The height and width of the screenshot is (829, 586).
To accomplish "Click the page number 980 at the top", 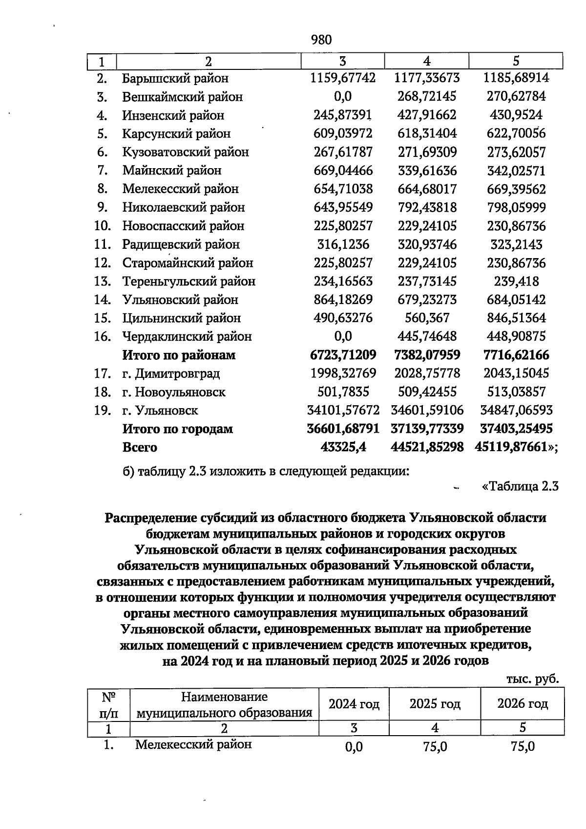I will [321, 40].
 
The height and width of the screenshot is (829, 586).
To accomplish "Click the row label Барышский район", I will [175, 78].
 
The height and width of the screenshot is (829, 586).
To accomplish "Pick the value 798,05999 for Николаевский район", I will [516, 207].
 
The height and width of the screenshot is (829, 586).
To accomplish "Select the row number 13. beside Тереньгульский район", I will [103, 282].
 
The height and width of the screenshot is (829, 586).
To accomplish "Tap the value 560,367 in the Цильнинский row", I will [427, 318].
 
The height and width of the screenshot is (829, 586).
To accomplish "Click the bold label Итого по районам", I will [178, 355].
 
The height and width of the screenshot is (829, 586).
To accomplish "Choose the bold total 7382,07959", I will [427, 355].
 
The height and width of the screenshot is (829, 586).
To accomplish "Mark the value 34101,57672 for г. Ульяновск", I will [343, 411].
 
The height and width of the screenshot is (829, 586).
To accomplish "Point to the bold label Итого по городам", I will [177, 429].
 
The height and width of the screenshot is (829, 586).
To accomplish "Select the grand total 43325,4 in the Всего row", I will [343, 447].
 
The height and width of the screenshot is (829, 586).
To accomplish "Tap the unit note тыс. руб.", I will [532, 679].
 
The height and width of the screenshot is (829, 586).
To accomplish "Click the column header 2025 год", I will [435, 704].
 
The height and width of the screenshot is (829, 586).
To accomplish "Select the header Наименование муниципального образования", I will [224, 704].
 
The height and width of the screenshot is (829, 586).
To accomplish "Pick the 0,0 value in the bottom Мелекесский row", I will [354, 747].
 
